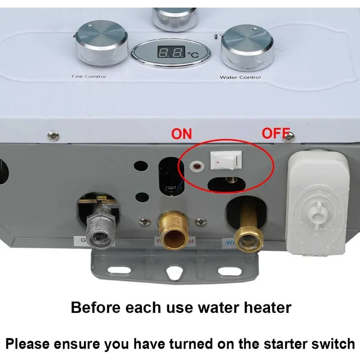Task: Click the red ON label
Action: point(182,134)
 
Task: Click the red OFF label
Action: point(275,133)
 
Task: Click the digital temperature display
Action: point(171,52)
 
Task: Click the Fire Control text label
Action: point(89,76)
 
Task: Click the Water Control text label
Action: point(240,77)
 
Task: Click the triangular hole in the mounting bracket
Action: point(173,272)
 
